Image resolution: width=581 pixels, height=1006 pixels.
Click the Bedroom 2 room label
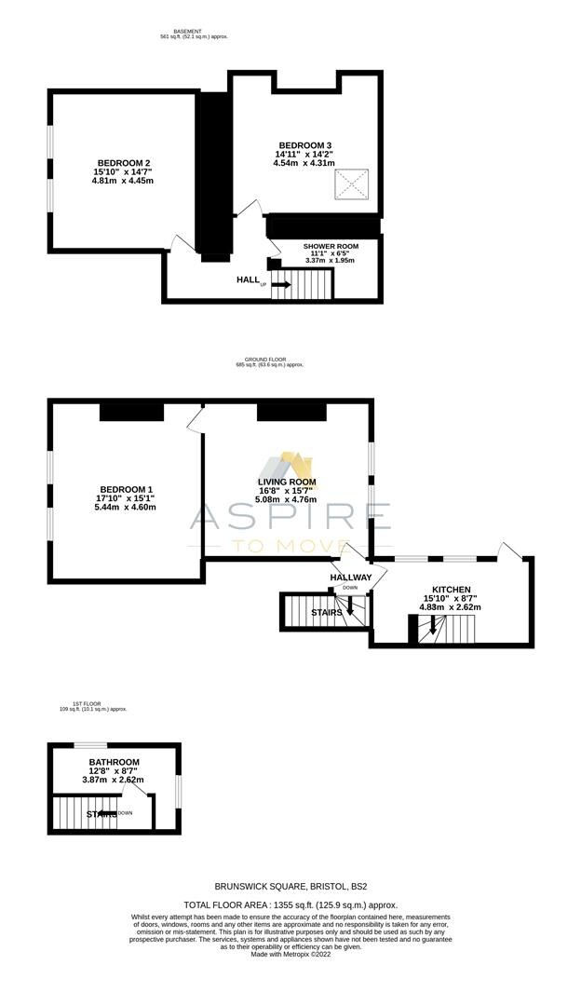tap(122, 163)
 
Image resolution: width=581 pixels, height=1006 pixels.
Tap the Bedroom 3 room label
tap(304, 145)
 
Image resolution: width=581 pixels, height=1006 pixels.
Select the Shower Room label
tap(331, 246)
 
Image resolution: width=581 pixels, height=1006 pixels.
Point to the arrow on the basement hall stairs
tap(280, 285)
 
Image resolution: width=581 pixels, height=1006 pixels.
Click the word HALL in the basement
tap(248, 279)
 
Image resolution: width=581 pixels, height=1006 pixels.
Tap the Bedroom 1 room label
tap(125, 490)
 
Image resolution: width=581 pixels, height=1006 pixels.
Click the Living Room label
tap(287, 483)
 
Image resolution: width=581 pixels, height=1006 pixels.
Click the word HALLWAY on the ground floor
tap(351, 578)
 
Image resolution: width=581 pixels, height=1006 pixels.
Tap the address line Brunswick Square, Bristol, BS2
tap(290, 887)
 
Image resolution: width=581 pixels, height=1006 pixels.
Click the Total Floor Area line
tap(290, 904)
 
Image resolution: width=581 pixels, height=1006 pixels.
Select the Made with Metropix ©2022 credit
tap(290, 954)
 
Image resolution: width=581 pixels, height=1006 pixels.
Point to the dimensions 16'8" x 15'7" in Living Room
tap(287, 492)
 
